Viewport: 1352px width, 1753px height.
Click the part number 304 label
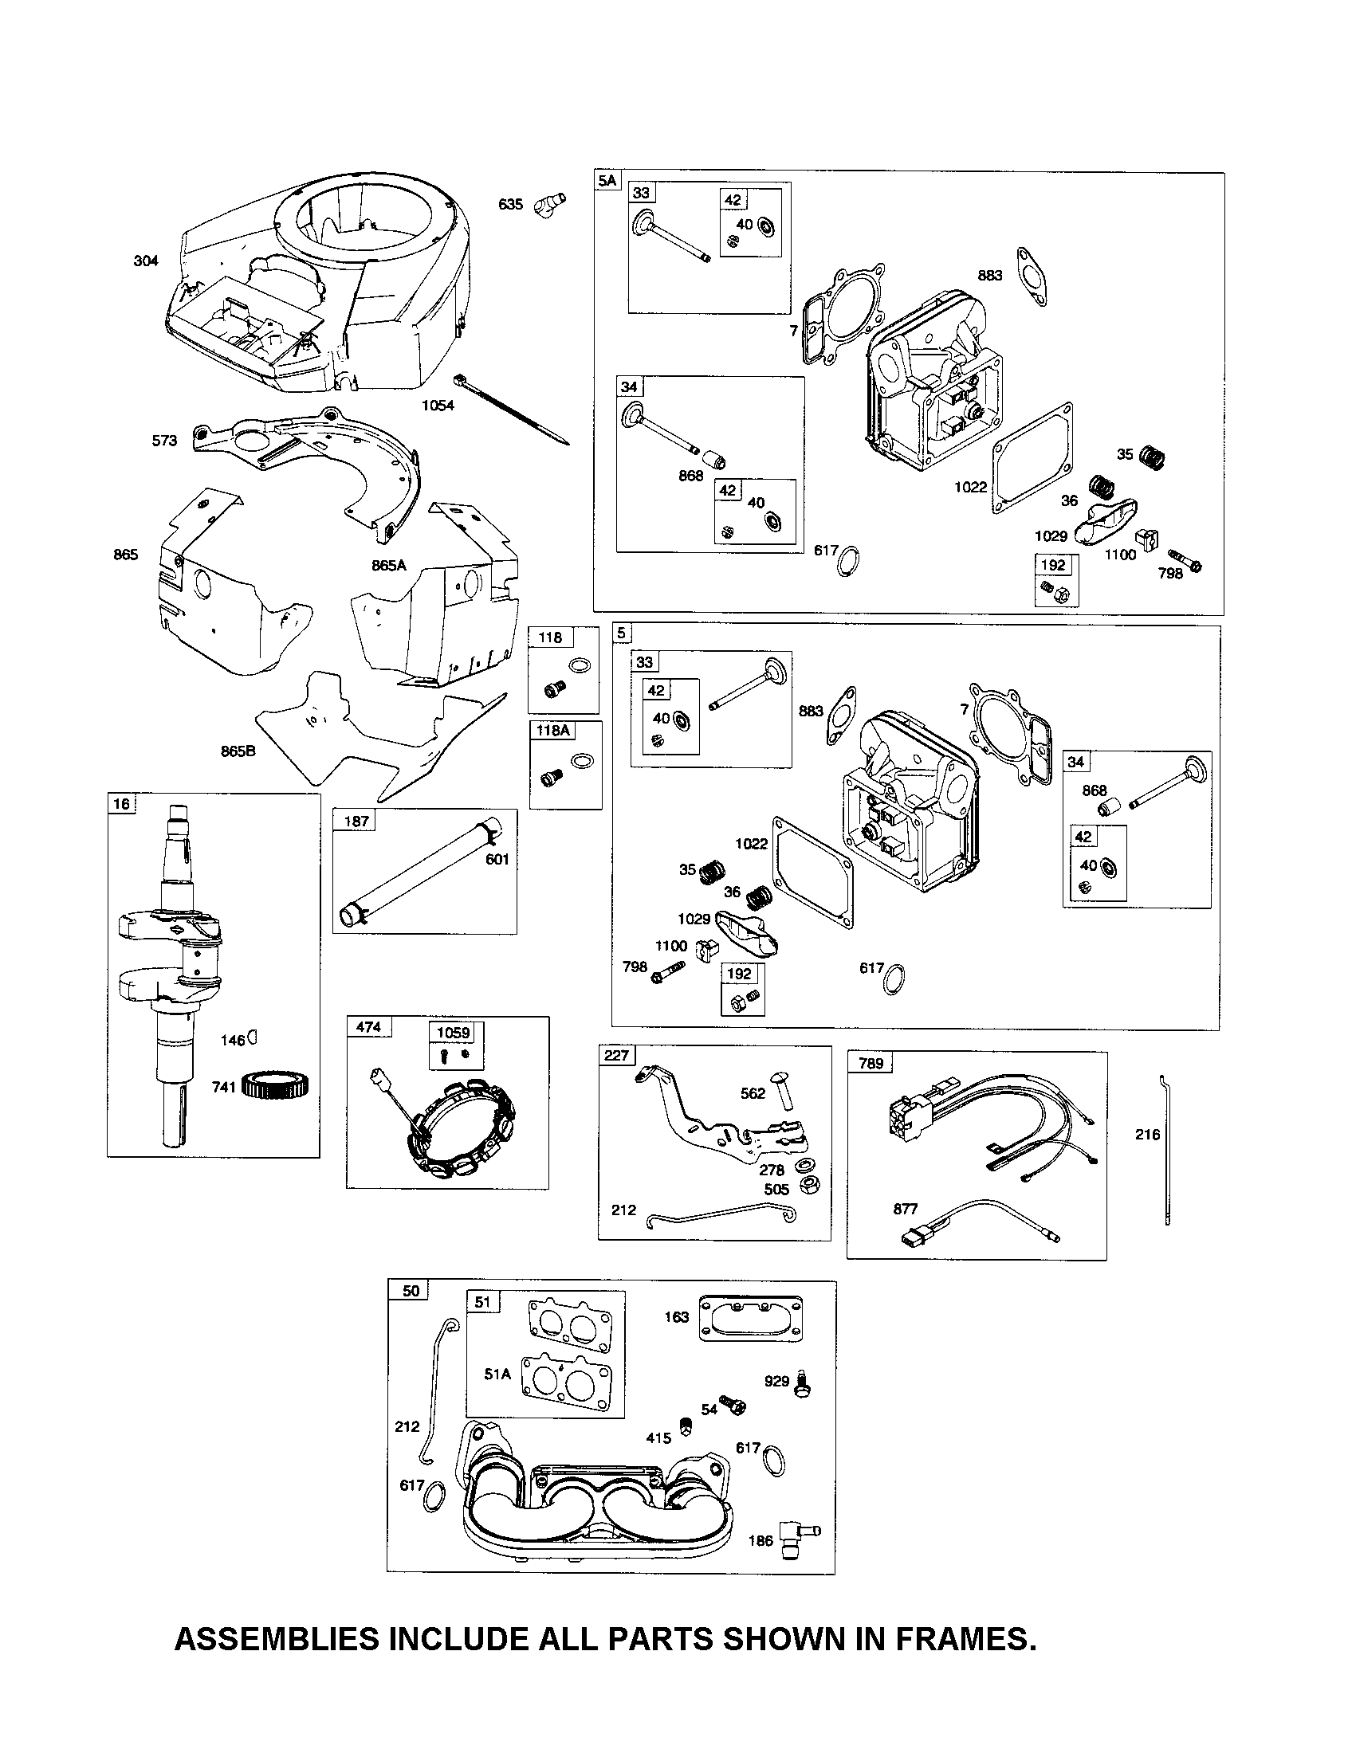146,261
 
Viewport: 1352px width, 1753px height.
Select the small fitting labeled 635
550,200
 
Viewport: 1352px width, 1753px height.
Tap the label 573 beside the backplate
164,441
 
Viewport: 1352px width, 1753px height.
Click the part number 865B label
238,751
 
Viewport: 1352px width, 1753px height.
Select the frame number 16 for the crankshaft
121,804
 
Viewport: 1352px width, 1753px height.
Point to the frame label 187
356,820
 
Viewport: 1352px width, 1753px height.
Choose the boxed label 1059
453,1032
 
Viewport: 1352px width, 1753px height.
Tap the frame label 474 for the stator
368,1026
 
